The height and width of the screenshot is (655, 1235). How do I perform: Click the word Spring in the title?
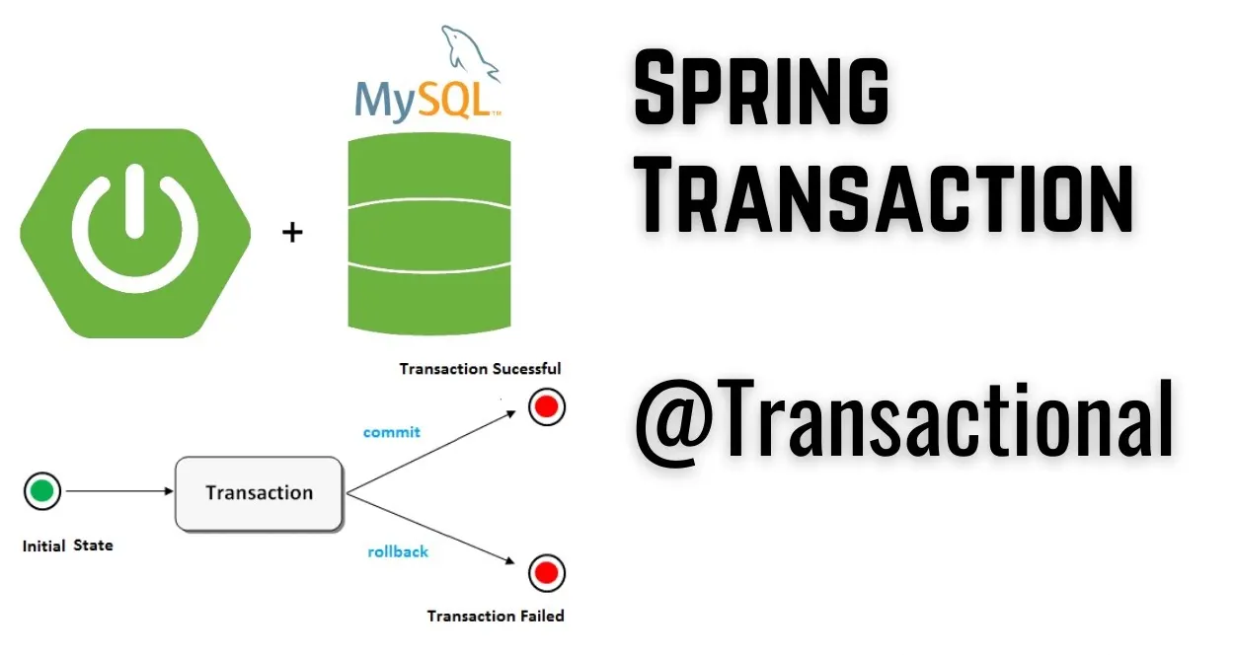tap(760, 90)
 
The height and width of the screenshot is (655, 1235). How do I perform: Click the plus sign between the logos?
tap(292, 233)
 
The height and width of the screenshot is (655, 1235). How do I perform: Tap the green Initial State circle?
tap(41, 490)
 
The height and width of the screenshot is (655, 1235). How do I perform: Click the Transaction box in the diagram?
tap(259, 492)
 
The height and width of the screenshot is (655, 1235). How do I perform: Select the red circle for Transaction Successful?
tap(546, 406)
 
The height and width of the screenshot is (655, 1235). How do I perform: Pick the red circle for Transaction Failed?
tap(545, 572)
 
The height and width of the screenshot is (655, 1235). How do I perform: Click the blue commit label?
tap(391, 432)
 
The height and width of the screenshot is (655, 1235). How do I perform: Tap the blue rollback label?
tap(398, 551)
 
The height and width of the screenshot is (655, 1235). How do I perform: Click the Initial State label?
tap(67, 545)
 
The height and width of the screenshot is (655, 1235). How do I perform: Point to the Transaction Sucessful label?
tap(480, 369)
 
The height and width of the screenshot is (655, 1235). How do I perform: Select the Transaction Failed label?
tap(495, 616)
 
